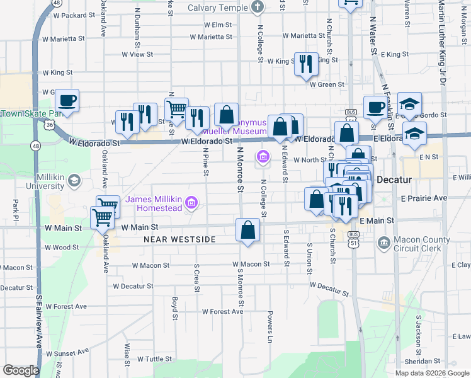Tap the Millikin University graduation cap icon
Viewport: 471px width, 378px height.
(74, 181)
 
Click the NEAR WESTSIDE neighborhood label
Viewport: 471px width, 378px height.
(179, 239)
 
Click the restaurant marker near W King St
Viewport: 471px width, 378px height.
(306, 64)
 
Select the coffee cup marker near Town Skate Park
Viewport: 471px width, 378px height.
(67, 100)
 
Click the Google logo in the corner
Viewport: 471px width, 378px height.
(20, 370)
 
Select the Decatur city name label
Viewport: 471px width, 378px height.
(394, 180)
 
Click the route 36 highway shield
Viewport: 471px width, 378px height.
(48, 125)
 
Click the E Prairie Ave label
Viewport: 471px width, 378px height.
(423, 198)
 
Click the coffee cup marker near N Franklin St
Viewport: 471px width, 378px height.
(376, 107)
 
